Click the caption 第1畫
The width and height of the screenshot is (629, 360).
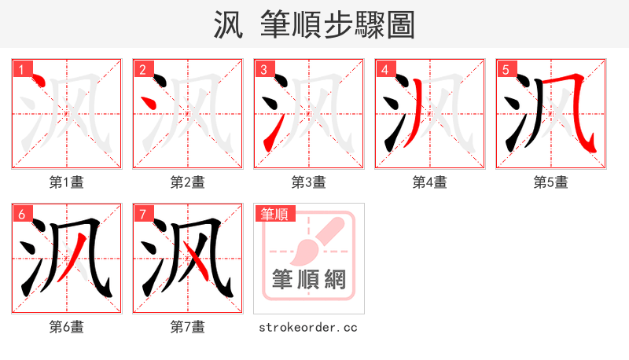click(x=67, y=182)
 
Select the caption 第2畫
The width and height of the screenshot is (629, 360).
click(x=188, y=182)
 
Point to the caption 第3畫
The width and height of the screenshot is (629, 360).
click(x=309, y=182)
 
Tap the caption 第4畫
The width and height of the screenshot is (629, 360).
click(x=430, y=182)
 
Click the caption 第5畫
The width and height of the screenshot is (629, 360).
click(x=550, y=182)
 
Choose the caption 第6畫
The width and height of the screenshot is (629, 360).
click(x=67, y=326)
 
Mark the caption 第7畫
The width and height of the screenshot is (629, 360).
click(x=188, y=326)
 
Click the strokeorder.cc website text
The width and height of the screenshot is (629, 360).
click(x=308, y=326)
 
